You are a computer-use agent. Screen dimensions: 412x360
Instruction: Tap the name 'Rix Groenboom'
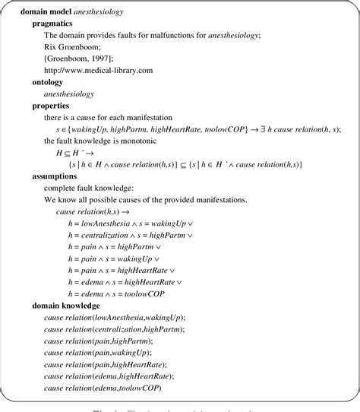[x=75, y=46]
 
